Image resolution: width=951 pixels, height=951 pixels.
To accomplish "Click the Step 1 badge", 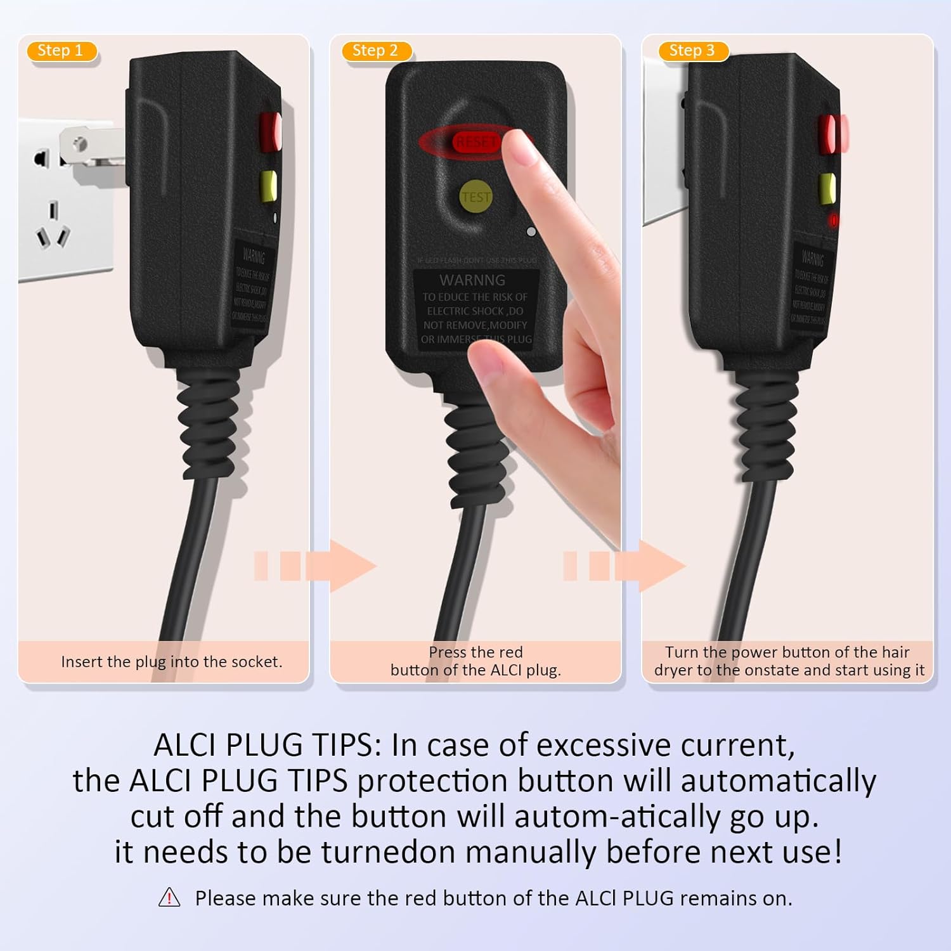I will click(x=61, y=51).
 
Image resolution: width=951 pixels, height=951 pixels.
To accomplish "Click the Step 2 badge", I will click(x=375, y=51).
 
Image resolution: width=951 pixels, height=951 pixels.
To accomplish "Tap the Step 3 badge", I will click(x=692, y=51).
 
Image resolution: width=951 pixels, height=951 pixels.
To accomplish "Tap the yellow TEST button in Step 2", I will click(x=475, y=197).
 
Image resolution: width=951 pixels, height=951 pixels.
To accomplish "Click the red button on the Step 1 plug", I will click(x=270, y=131).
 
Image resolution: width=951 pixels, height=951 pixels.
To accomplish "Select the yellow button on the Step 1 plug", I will click(x=269, y=186).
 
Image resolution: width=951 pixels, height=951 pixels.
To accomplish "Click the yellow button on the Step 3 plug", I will click(x=827, y=188).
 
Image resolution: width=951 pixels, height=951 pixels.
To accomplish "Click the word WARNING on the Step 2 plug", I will click(x=472, y=280).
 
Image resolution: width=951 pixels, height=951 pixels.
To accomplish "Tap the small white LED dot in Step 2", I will click(x=531, y=232).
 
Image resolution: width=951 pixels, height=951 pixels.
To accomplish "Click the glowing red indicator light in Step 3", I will click(x=834, y=220).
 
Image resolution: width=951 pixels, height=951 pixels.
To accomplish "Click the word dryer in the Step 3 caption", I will click(x=673, y=670).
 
